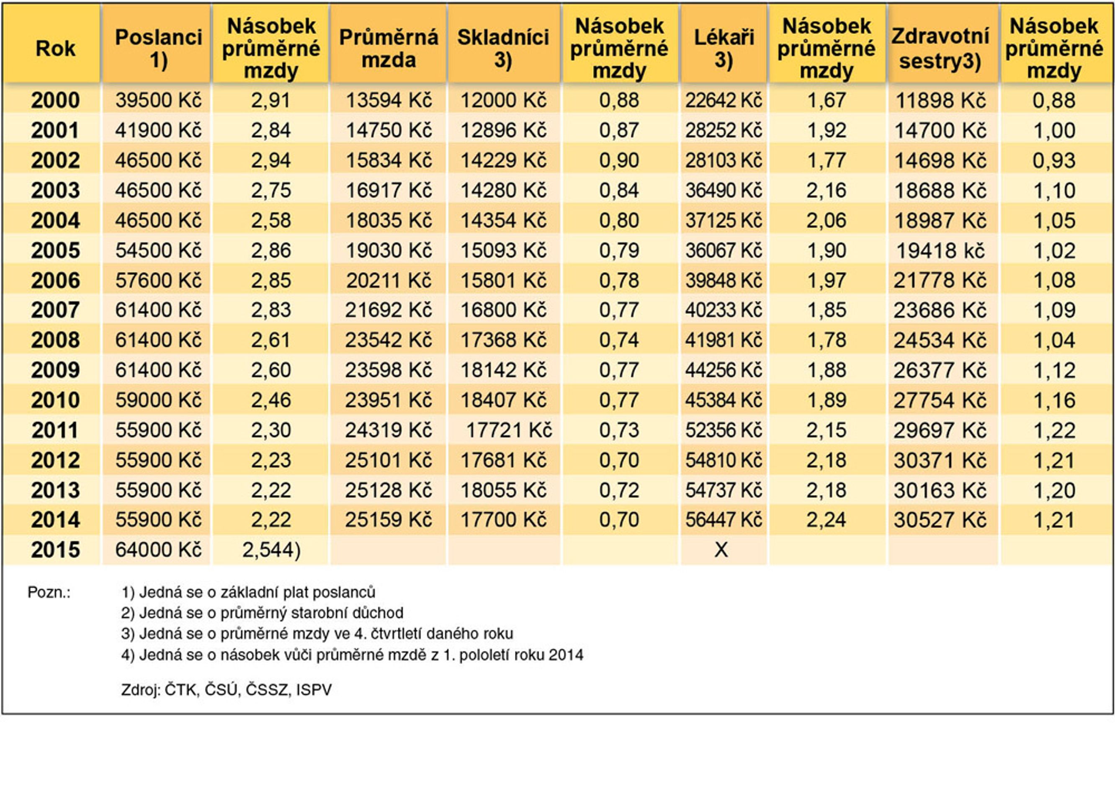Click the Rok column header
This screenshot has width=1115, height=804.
pos(55,48)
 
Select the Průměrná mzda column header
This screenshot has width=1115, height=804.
pos(389,48)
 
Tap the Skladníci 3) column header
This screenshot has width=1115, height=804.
pos(503,48)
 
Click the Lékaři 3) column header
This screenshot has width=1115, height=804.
pos(724,48)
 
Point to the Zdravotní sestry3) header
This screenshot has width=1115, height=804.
pos(940,48)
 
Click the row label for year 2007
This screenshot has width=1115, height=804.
pos(56,310)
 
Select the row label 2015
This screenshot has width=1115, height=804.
pos(56,550)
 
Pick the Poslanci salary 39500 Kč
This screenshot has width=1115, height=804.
pos(158,100)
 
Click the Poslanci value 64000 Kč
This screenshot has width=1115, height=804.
pos(158,550)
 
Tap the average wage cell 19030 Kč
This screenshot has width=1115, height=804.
pos(389,250)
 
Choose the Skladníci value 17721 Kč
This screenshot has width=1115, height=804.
pos(509,430)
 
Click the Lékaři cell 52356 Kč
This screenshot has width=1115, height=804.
pos(724,430)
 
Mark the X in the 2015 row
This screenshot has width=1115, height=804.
pos(721,550)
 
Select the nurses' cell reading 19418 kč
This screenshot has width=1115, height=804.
pos(940,250)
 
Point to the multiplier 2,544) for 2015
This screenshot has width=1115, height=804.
pos(271,550)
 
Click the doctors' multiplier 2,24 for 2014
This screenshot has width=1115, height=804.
pos(827,520)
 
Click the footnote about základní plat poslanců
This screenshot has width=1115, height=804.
pos(248,592)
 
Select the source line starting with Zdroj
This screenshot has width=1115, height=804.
pos(227,689)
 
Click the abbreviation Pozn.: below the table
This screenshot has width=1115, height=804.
pos(49,592)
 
